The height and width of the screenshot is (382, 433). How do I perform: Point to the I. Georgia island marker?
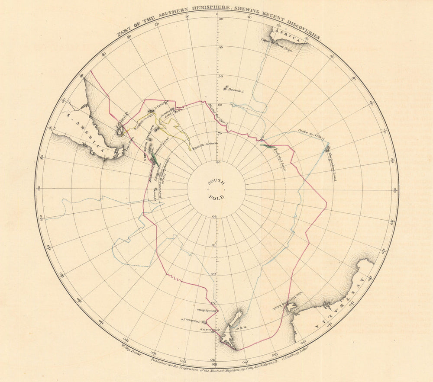[x=149, y=112]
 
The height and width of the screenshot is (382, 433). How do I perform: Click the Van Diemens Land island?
[x=291, y=306]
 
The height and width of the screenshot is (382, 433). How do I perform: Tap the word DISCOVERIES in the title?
[x=298, y=32]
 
